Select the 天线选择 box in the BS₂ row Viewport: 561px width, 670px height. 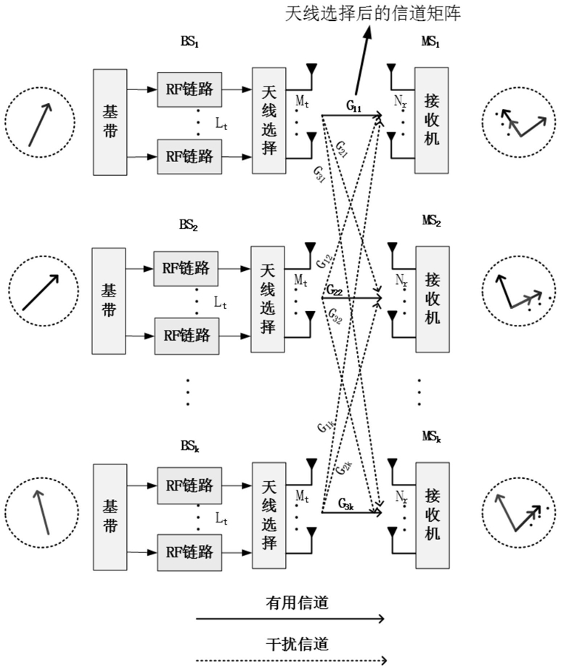[267, 299]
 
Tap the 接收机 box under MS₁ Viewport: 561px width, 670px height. [430, 121]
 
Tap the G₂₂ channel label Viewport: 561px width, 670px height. [335, 291]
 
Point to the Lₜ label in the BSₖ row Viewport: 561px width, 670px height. [222, 518]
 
